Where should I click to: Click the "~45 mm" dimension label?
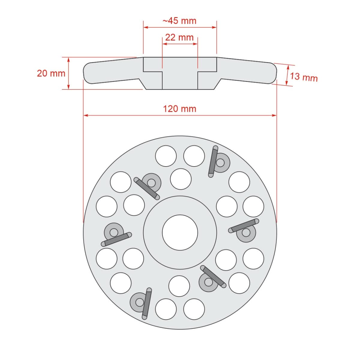click(179, 21)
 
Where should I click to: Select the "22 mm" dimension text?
click(179, 37)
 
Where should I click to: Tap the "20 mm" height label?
click(51, 73)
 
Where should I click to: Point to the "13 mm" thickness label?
click(304, 77)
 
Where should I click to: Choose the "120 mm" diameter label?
click(179, 108)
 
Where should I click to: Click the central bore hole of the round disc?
click(180, 232)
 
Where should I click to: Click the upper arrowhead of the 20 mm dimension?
click(69, 59)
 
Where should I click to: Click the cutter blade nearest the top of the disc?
click(213, 161)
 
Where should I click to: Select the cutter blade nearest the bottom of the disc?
click(147, 303)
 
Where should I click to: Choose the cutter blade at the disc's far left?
click(116, 239)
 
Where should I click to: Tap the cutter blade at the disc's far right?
click(244, 226)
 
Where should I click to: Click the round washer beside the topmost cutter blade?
click(221, 163)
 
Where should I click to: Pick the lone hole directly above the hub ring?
click(181, 179)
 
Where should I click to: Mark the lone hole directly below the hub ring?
click(179, 286)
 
